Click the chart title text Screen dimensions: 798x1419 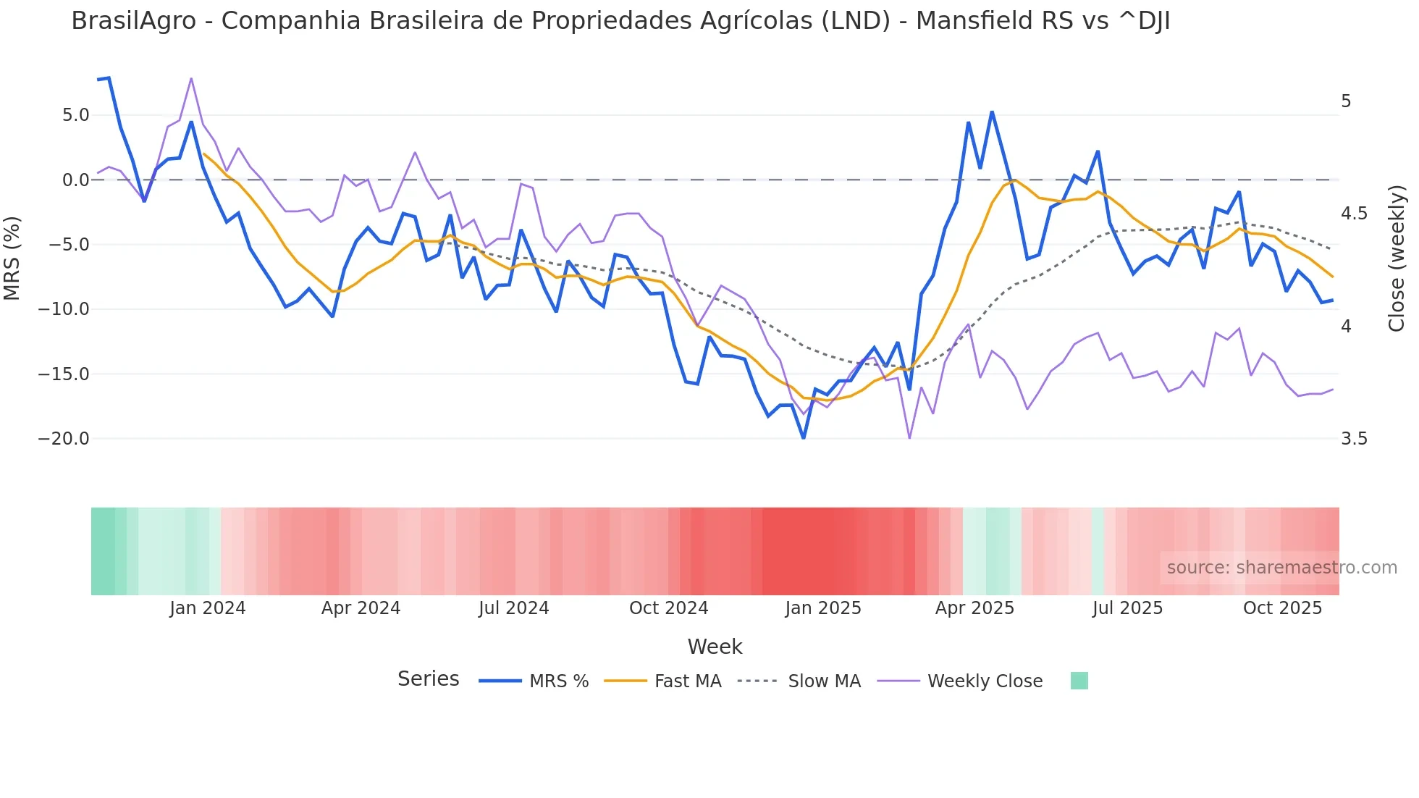point(620,21)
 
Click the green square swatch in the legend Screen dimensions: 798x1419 point(1079,681)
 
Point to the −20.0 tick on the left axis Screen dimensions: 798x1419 point(64,439)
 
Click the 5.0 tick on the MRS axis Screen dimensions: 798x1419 point(75,115)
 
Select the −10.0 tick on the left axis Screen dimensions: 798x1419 point(64,309)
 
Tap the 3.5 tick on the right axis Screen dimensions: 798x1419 point(1354,439)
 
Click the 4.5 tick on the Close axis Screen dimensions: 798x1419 point(1354,214)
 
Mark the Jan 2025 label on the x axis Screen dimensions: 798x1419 point(823,608)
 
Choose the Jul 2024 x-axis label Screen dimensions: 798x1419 point(514,608)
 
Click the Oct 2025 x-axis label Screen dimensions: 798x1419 point(1282,608)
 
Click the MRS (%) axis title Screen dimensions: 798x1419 point(12,259)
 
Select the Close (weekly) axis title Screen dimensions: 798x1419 point(1397,259)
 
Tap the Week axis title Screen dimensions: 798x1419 point(715,647)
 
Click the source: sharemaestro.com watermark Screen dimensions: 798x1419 point(1281,568)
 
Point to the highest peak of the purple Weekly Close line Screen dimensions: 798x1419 point(191,78)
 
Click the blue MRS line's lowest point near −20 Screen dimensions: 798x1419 point(804,437)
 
